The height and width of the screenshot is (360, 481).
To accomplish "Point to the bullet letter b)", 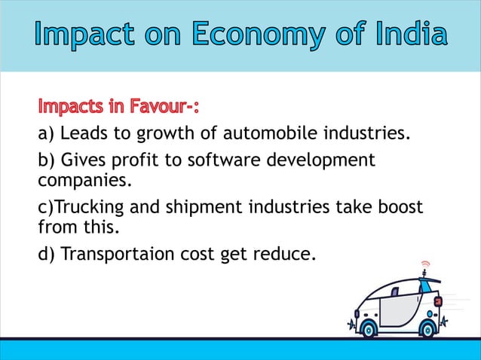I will point(47,160).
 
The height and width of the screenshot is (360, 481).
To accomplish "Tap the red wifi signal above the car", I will point(425,264).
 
